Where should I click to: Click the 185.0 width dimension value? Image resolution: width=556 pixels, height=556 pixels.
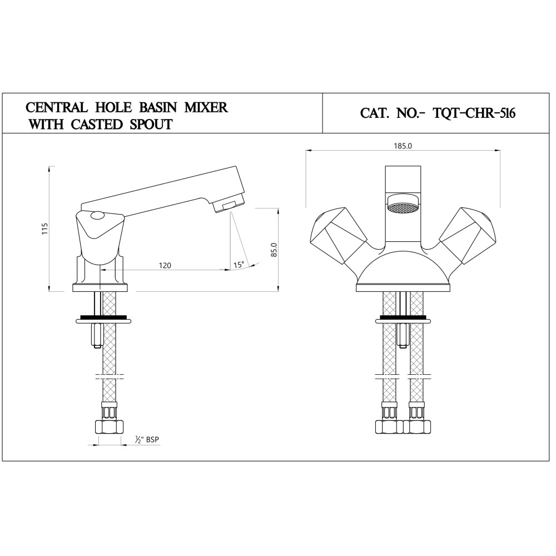403,146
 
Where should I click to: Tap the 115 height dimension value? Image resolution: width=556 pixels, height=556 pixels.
44,229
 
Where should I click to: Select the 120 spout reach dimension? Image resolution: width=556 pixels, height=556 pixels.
165,265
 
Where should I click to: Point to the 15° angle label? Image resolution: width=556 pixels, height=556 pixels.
239,265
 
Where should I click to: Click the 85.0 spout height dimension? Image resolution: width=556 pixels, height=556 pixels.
274,250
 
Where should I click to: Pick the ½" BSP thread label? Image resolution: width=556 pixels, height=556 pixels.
147,440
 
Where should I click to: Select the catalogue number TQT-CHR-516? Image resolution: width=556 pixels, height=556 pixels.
474,113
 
